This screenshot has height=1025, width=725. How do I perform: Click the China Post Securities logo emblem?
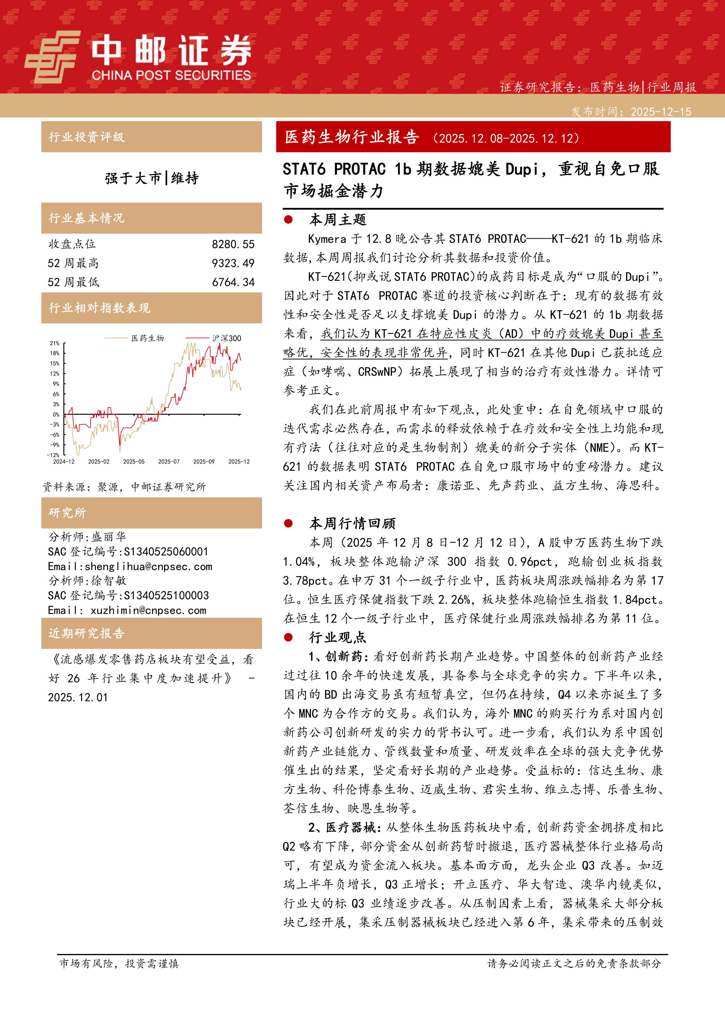pos(52,56)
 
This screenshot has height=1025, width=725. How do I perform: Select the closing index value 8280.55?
pos(233,244)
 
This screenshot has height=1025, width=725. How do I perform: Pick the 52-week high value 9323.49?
pos(233,263)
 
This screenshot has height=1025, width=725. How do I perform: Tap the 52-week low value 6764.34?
pos(233,282)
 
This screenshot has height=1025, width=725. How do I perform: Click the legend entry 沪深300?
pos(226,338)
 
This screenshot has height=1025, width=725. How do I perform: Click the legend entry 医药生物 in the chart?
pos(147,338)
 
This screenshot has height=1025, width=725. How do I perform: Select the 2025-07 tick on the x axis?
pos(169,462)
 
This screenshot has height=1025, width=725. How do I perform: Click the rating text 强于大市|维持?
pos(152,178)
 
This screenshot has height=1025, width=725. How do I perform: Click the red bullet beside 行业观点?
pos(288,638)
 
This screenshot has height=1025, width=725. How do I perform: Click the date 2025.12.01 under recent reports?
pos(78,697)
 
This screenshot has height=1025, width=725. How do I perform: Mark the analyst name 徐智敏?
pos(109,581)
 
